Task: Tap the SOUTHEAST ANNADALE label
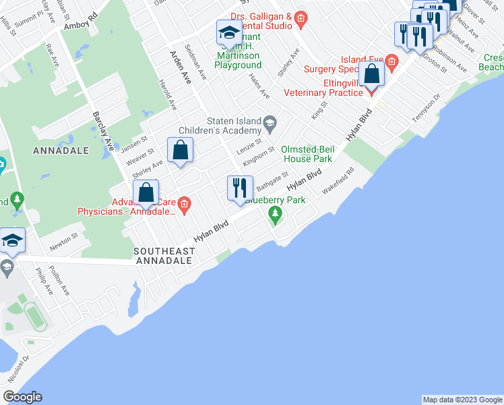click(164, 256)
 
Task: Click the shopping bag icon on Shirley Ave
click(181, 151)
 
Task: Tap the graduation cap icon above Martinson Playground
click(229, 32)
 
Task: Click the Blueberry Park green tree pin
click(274, 214)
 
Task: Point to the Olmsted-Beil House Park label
click(307, 154)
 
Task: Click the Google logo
click(22, 397)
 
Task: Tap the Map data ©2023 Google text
click(462, 400)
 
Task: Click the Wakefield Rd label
click(338, 182)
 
